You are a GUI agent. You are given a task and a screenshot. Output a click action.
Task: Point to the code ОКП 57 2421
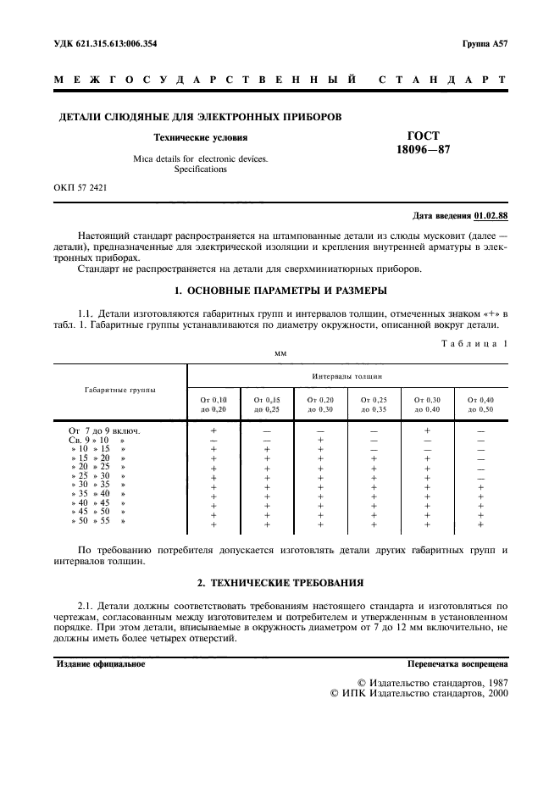coord(81,186)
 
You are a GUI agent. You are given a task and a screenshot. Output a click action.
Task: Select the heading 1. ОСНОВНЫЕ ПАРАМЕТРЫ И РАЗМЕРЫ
coord(280,292)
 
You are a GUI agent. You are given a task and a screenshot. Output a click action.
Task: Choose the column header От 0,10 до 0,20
coord(213,403)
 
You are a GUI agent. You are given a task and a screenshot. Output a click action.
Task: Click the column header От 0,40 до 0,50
coord(480,403)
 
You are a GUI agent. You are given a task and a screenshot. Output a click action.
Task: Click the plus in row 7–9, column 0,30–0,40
coord(427,430)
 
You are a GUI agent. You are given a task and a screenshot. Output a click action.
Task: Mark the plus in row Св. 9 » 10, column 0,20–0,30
coord(320,440)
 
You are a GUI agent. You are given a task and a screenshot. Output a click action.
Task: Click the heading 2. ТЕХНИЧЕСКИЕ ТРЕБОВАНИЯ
coord(280,583)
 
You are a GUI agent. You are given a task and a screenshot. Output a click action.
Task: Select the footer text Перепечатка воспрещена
coord(457,664)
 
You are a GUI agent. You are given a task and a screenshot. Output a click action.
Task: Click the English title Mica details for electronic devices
coord(200,158)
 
